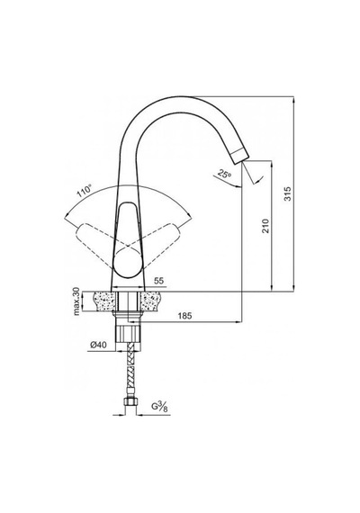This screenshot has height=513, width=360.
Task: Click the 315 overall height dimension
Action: (287, 193)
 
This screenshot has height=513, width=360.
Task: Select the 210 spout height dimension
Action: (265, 226)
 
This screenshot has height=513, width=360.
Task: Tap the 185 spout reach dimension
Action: (184, 316)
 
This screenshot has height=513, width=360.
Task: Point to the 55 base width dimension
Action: (158, 281)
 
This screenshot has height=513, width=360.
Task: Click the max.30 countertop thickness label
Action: (76, 301)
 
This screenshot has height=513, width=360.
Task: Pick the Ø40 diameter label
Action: (98, 345)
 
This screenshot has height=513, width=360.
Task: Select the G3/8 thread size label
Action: (160, 406)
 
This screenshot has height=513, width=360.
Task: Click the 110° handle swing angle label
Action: (84, 192)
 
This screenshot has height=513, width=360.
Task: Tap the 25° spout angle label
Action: (224, 174)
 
